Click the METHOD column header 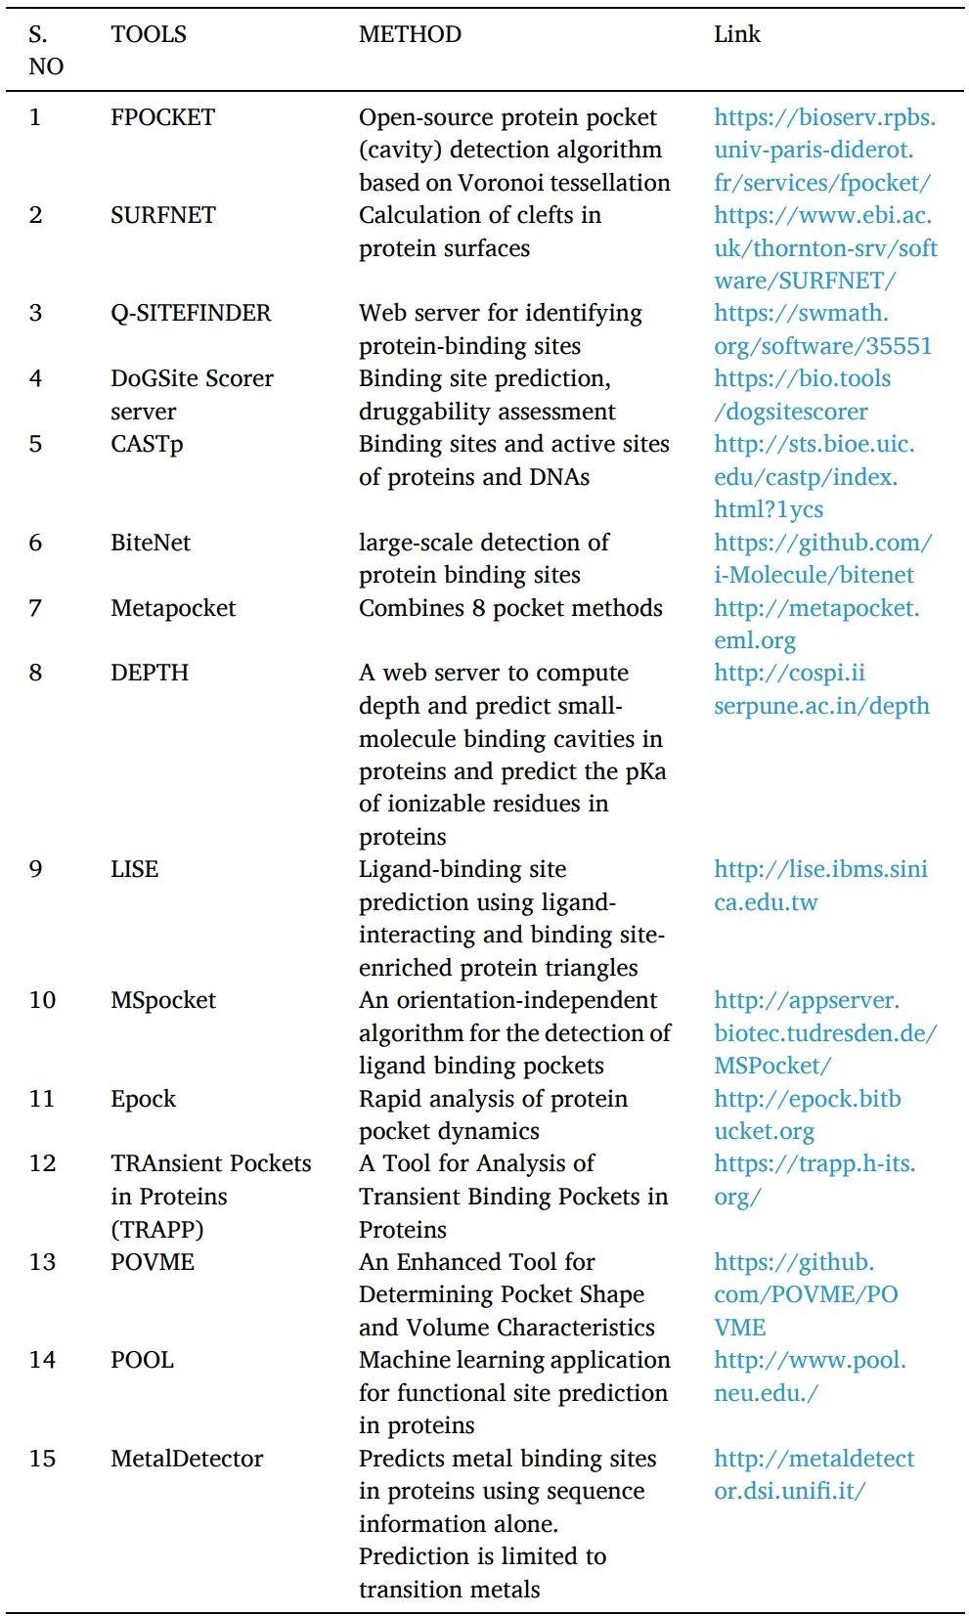pyautogui.click(x=410, y=34)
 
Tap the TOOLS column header pyautogui.click(x=149, y=34)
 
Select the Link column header pyautogui.click(x=736, y=34)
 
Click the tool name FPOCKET pyautogui.click(x=162, y=117)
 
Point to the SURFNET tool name pyautogui.click(x=162, y=215)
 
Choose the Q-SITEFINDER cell pyautogui.click(x=191, y=313)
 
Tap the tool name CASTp pyautogui.click(x=147, y=444)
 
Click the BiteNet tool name pyautogui.click(x=151, y=543)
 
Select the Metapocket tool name pyautogui.click(x=173, y=608)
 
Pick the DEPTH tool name pyautogui.click(x=150, y=673)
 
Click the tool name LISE pyautogui.click(x=134, y=869)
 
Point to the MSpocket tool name pyautogui.click(x=163, y=1000)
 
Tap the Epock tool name pyautogui.click(x=143, y=1099)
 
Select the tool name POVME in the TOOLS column pyautogui.click(x=153, y=1262)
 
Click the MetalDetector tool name pyautogui.click(x=187, y=1459)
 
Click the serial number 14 pyautogui.click(x=42, y=1360)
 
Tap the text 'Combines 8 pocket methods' pyautogui.click(x=510, y=608)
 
